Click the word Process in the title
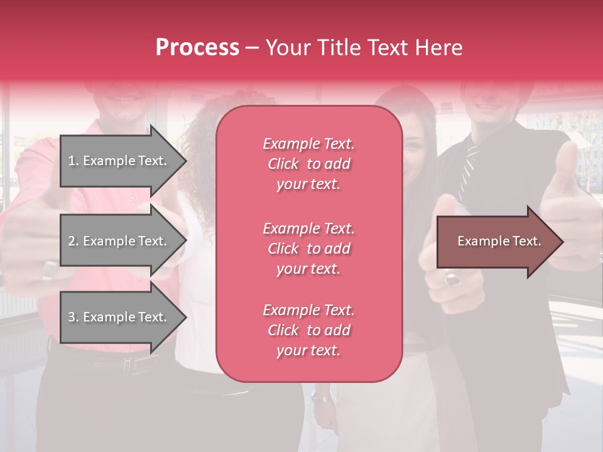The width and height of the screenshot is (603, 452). pos(197,48)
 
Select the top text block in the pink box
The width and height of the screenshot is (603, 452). pos(308,164)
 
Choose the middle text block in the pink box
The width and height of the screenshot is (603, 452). pos(308,249)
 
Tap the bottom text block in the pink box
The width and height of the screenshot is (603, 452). pos(308,330)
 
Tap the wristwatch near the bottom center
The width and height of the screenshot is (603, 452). pos(320,397)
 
